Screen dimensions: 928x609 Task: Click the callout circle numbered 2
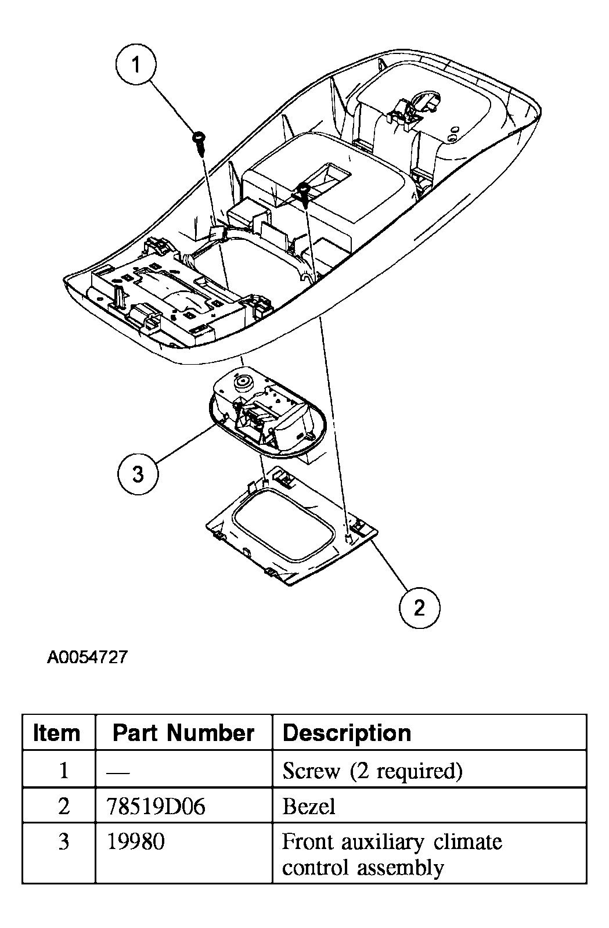pyautogui.click(x=419, y=607)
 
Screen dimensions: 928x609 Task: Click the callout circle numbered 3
pyautogui.click(x=138, y=474)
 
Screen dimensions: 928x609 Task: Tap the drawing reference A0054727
pyautogui.click(x=87, y=657)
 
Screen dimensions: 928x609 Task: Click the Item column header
pyautogui.click(x=57, y=733)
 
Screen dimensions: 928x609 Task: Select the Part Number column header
pyautogui.click(x=183, y=733)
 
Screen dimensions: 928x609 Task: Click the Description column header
pyautogui.click(x=347, y=733)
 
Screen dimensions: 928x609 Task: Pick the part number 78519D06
pyautogui.click(x=156, y=806)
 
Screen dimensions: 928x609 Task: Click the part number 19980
pyautogui.click(x=136, y=841)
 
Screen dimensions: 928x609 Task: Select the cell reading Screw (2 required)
pyautogui.click(x=372, y=771)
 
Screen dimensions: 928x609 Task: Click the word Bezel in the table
pyautogui.click(x=308, y=806)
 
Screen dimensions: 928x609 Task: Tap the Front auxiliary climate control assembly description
pyautogui.click(x=392, y=854)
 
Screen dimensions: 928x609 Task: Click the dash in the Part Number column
pyautogui.click(x=119, y=771)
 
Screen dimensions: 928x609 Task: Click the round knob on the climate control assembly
pyautogui.click(x=242, y=383)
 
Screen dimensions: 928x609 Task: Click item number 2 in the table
pyautogui.click(x=64, y=806)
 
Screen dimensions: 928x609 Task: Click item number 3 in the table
pyautogui.click(x=64, y=841)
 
